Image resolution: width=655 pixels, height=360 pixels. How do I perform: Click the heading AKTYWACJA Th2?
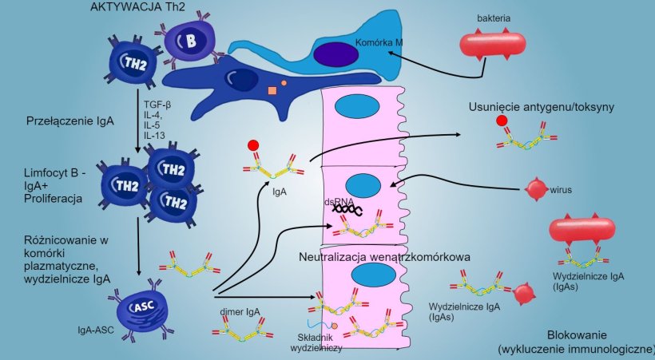click(x=131, y=7)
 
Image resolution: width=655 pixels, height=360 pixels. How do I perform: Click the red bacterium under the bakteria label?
click(x=492, y=43)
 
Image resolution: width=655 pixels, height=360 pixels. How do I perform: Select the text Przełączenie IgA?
click(x=69, y=122)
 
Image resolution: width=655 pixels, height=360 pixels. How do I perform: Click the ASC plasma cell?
click(x=139, y=307)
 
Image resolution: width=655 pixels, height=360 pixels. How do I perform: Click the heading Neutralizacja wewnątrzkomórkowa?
click(x=383, y=257)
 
